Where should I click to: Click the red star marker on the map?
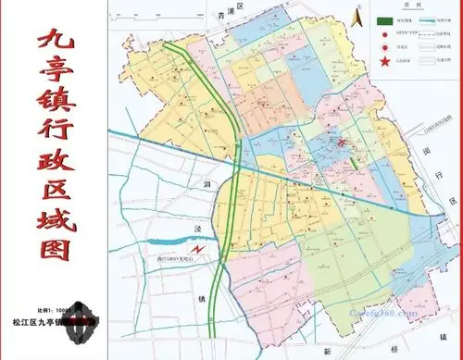[341, 142]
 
